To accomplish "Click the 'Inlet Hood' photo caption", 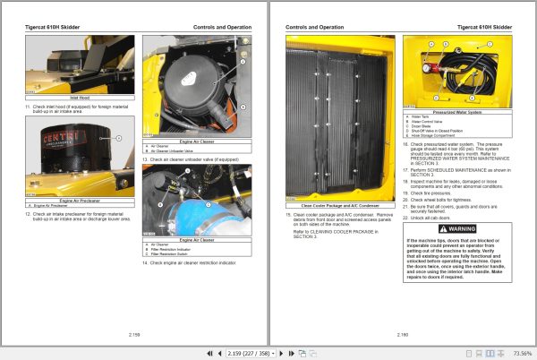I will click(80, 97).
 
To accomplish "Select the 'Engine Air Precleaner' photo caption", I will click(80, 201).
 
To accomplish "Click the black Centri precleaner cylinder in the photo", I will click(80, 148).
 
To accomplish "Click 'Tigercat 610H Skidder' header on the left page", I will click(55, 28).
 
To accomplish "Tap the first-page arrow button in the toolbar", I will click(209, 353).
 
